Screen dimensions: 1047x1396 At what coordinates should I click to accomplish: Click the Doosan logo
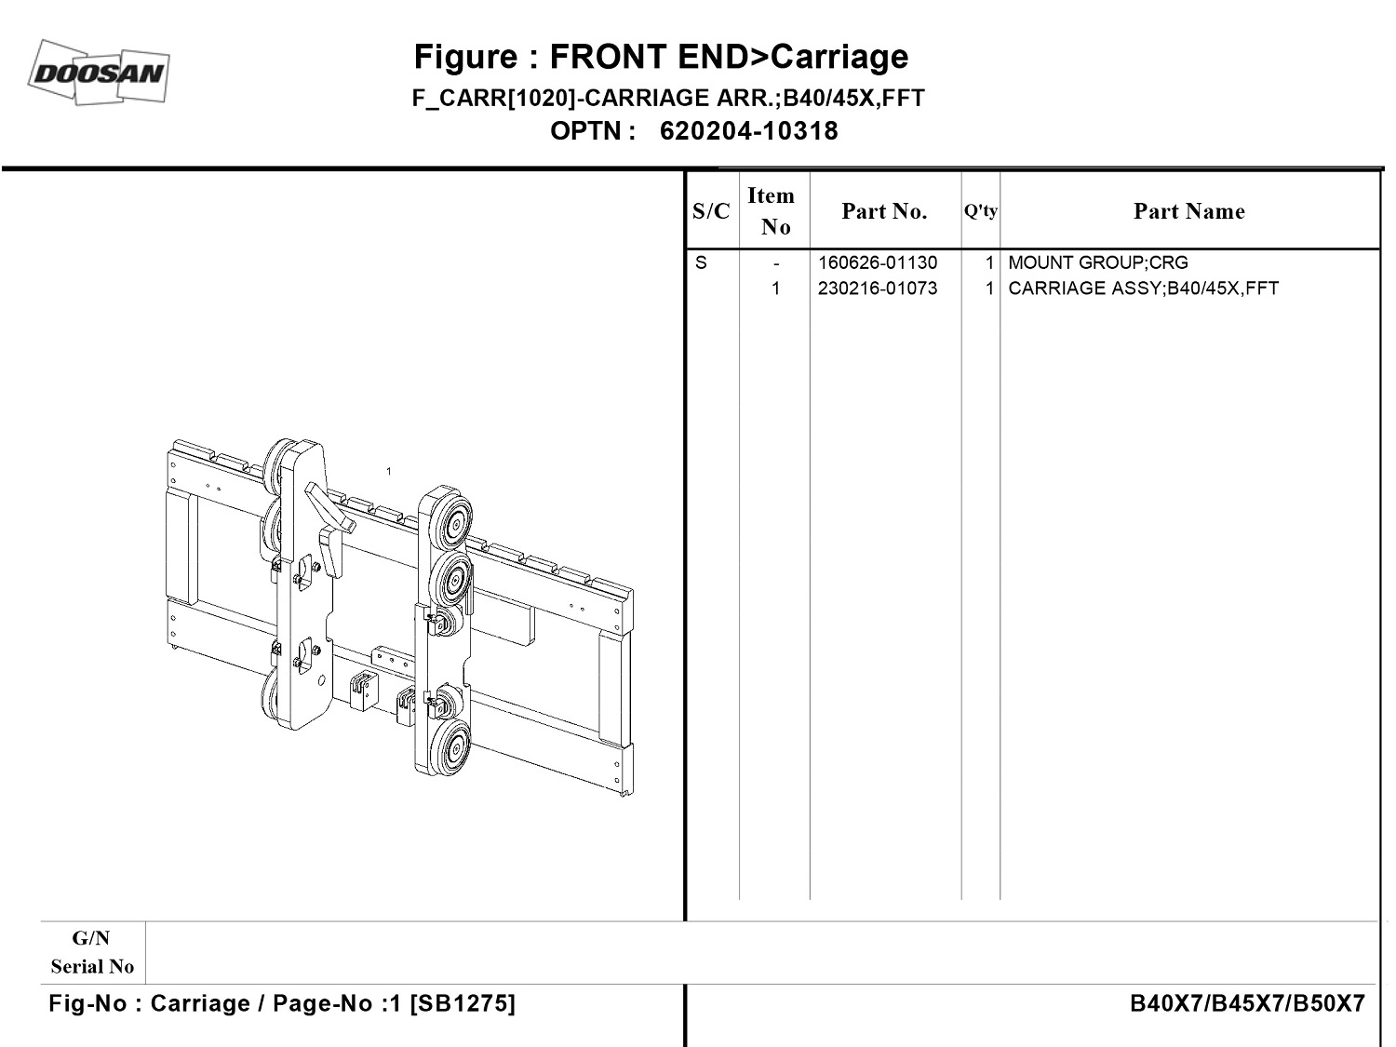coord(100,72)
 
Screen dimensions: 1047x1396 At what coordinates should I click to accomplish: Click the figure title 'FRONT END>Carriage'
coord(661,57)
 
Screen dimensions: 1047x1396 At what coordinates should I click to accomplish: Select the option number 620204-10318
coord(748,131)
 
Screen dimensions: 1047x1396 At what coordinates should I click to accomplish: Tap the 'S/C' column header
coord(711,212)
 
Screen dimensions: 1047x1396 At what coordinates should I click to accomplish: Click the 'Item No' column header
coord(772,211)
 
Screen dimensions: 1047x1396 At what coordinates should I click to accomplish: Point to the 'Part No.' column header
coord(884,212)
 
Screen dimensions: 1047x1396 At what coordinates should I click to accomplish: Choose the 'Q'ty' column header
coord(980,211)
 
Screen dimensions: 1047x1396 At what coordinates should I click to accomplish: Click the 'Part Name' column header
coord(1188,212)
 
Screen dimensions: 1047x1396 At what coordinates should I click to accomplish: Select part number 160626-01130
coord(877,263)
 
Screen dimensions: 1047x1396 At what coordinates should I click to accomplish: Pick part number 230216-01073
coord(877,289)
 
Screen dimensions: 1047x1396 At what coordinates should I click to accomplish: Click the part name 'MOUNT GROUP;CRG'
coord(1098,263)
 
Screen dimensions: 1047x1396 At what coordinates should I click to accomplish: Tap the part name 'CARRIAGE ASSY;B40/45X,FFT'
coord(1143,289)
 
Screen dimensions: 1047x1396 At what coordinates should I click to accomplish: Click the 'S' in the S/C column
coord(701,263)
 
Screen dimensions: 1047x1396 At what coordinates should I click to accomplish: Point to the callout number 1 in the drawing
coord(389,472)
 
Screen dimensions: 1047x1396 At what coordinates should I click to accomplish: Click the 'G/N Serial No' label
coord(92,952)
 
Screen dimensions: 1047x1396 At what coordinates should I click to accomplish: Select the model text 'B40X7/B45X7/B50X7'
coord(1247,1004)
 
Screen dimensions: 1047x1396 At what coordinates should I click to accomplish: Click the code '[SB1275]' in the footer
coord(463,1004)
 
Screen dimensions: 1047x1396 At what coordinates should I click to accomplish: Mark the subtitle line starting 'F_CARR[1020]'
coord(668,99)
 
